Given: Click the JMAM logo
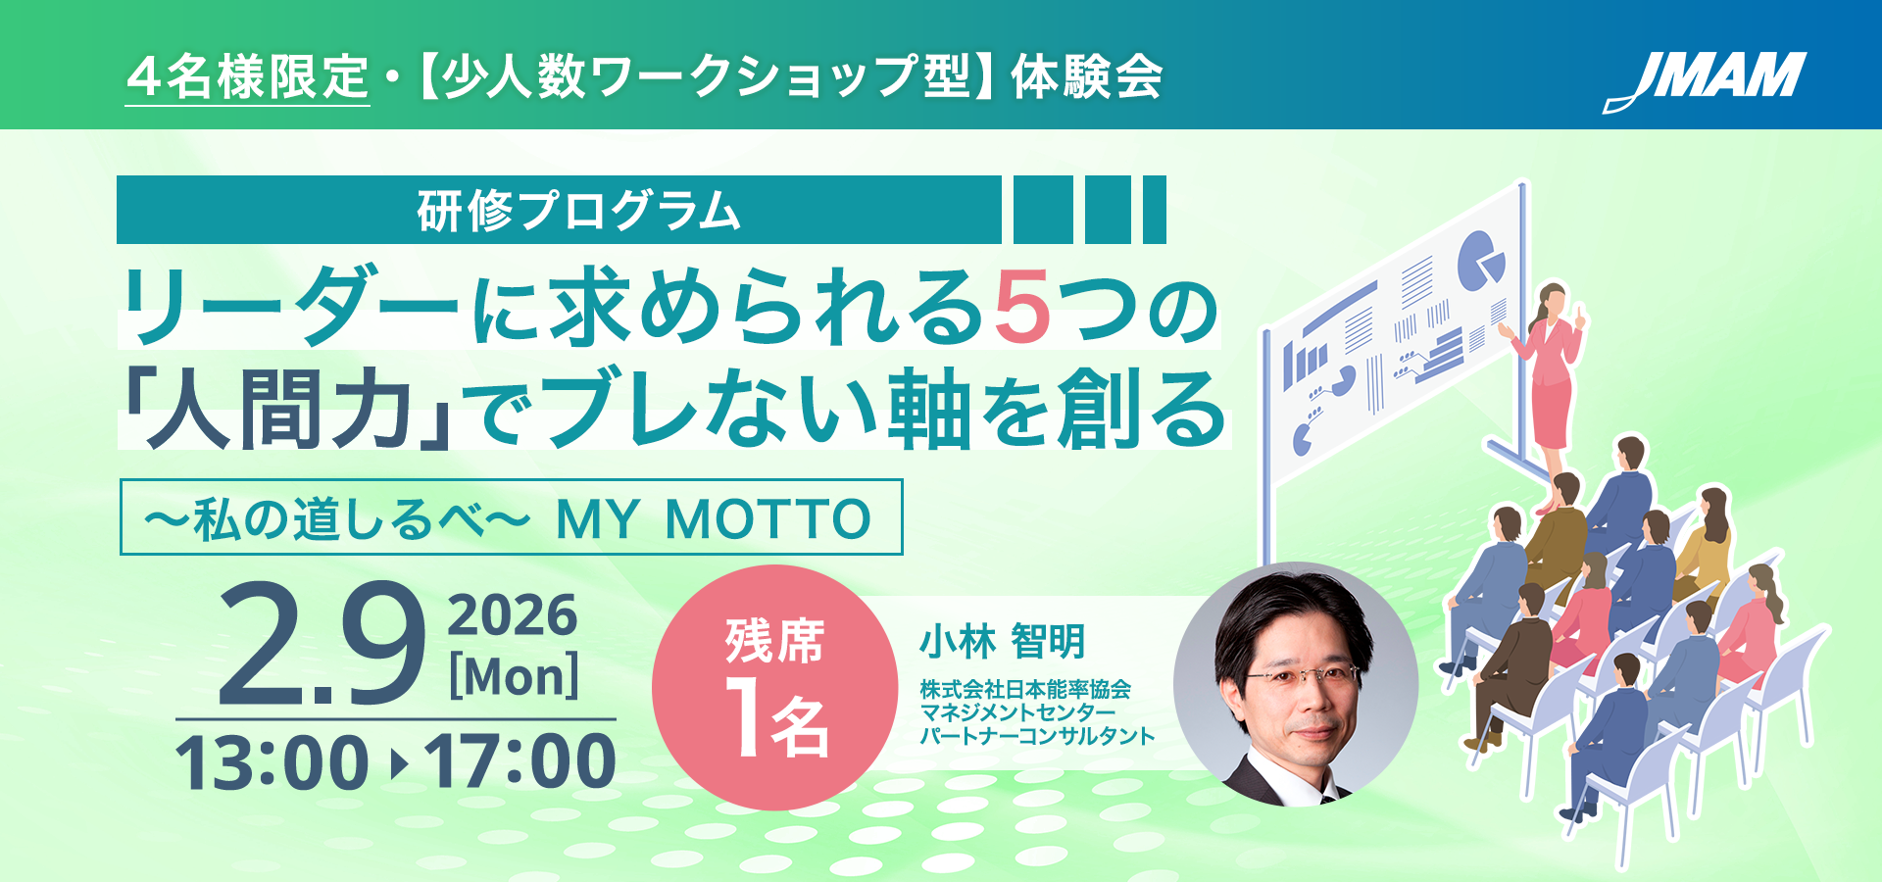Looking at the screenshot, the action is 1705,80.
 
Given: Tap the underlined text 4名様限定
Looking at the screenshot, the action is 247,77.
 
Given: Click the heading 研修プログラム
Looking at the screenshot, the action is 578,211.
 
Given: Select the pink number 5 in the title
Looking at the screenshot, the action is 1021,308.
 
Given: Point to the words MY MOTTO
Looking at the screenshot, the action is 713,518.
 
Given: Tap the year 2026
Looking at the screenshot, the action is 513,615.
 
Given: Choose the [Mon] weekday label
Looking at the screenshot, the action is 514,676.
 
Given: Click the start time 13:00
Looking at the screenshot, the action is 272,762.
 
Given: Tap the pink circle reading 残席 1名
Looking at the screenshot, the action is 774,688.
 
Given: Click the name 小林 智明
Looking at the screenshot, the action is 1002,643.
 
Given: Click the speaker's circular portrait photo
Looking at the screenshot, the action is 1296,684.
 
